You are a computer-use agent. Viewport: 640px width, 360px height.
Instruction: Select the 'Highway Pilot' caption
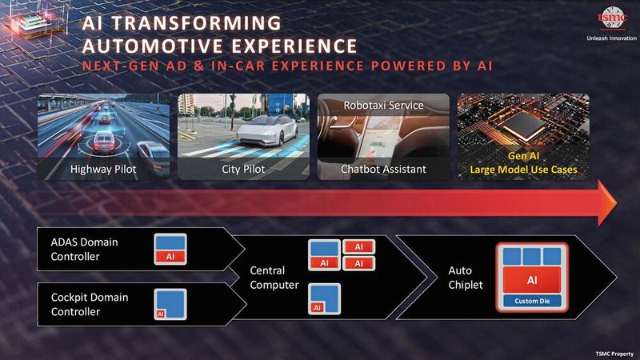point(102,169)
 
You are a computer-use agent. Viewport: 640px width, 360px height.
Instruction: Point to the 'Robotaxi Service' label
point(382,105)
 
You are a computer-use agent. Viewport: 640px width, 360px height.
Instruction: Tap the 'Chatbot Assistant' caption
point(382,169)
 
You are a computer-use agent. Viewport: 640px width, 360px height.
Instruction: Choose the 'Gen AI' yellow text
point(523,158)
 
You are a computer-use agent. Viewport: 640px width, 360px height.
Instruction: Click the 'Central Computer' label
point(274,277)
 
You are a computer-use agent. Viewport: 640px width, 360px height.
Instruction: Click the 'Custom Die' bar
point(531,302)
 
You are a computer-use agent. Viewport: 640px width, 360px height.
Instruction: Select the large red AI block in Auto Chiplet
point(531,280)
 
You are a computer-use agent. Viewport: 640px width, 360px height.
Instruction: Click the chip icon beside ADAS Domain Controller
point(170,249)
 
